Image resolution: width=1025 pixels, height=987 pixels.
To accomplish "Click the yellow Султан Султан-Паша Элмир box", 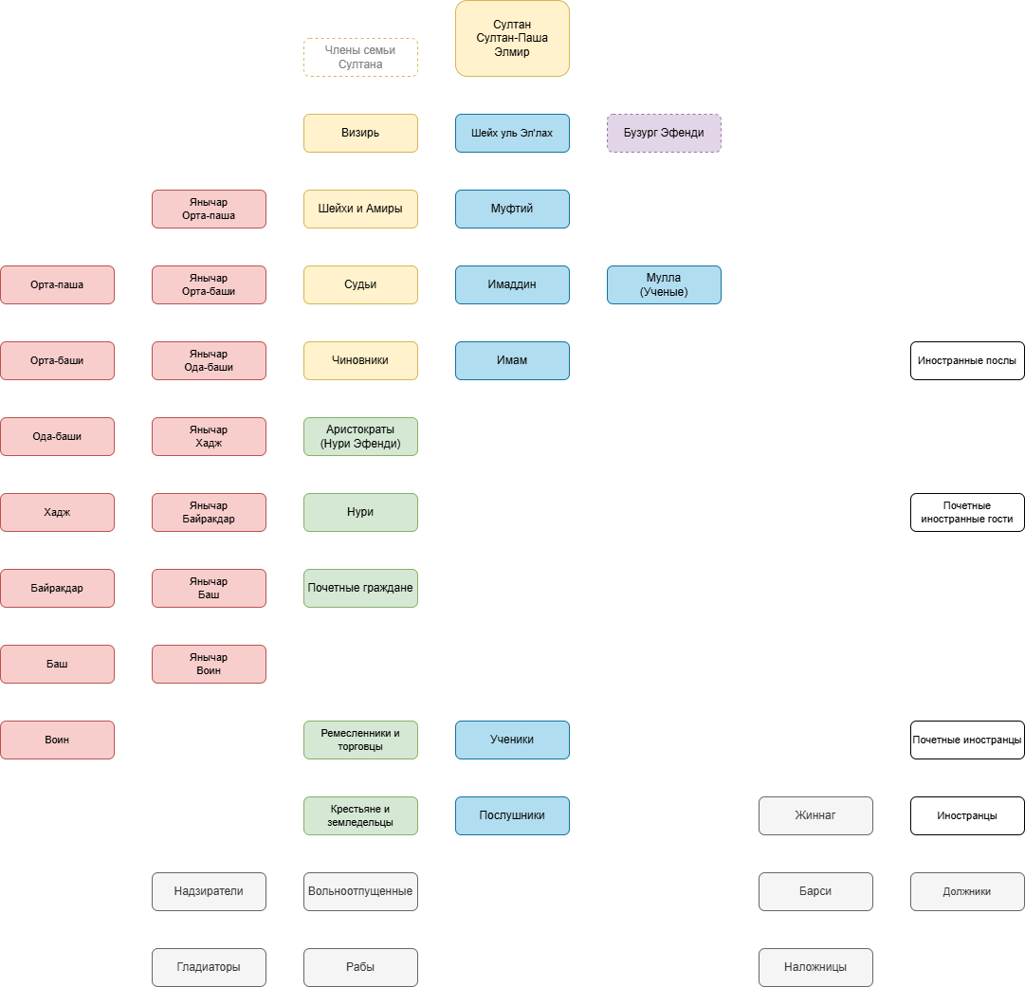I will pyautogui.click(x=512, y=38).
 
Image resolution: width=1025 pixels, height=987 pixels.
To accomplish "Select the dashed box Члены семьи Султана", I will pyautogui.click(x=360, y=57).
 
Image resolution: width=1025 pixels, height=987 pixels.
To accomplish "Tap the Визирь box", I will pyautogui.click(x=360, y=133).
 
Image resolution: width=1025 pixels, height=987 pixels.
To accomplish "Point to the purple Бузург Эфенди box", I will pyautogui.click(x=664, y=133).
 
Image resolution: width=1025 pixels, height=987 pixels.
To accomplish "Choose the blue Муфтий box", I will pyautogui.click(x=512, y=209).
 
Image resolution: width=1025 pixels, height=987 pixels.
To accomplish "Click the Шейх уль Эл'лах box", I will pyautogui.click(x=512, y=133).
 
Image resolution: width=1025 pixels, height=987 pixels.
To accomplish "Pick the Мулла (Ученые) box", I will pyautogui.click(x=664, y=284).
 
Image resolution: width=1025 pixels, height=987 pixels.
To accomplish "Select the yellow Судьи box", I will pyautogui.click(x=360, y=284).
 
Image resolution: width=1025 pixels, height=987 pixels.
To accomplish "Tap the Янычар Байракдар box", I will pyautogui.click(x=209, y=512).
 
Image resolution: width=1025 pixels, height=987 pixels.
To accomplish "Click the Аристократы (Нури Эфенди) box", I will pyautogui.click(x=360, y=436).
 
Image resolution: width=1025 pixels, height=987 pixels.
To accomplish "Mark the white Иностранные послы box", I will pyautogui.click(x=967, y=360).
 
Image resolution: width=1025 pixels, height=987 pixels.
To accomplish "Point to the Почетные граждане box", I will pyautogui.click(x=360, y=588).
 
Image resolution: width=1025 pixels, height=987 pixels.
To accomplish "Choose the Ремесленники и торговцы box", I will pyautogui.click(x=360, y=740).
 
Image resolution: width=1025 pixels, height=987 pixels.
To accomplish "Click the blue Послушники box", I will pyautogui.click(x=512, y=815).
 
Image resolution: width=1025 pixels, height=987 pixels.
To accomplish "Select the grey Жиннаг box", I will pyautogui.click(x=815, y=815).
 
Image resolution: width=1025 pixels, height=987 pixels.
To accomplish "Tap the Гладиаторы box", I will pyautogui.click(x=209, y=967).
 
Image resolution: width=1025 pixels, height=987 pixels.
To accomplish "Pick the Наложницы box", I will pyautogui.click(x=815, y=967).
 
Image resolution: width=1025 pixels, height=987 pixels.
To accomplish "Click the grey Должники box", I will pyautogui.click(x=967, y=891).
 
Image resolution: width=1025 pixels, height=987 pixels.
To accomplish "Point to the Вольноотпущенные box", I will pyautogui.click(x=360, y=891).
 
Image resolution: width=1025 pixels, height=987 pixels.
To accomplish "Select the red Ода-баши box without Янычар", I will pyautogui.click(x=57, y=436).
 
